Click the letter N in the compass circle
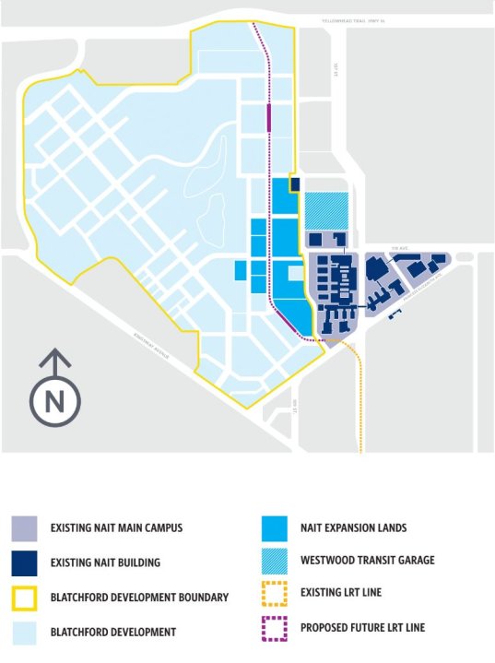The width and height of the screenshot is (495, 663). (55, 401)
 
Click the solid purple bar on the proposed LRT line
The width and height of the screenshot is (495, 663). (268, 119)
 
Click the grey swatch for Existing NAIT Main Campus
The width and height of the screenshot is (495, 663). (25, 528)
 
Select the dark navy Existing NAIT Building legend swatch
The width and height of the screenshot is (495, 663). (25, 562)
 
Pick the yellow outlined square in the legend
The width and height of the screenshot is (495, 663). (25, 596)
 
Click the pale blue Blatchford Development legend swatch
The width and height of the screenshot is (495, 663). (25, 631)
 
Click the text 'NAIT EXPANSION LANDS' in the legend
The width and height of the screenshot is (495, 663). (353, 528)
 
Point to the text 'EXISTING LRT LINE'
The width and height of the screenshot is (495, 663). (340, 592)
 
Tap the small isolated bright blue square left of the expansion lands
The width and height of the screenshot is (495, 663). (241, 270)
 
